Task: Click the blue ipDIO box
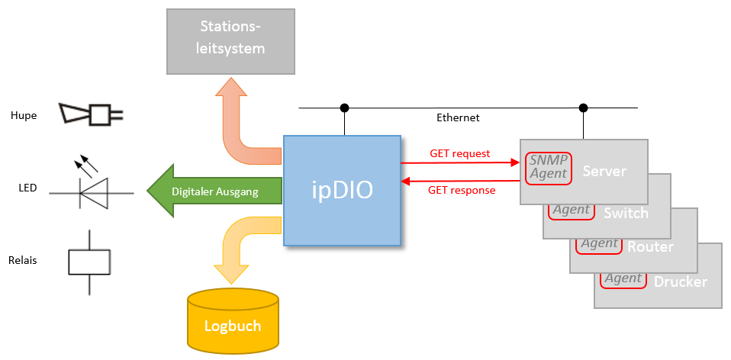tap(342, 191)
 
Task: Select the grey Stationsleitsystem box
tap(230, 41)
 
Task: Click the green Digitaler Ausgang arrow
tap(214, 191)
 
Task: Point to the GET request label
tap(459, 154)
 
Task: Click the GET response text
tap(462, 190)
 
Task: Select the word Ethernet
tap(458, 117)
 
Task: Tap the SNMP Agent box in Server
tap(549, 168)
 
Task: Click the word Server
tap(604, 171)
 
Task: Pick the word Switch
tap(626, 214)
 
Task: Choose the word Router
tap(650, 247)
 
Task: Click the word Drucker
tap(681, 281)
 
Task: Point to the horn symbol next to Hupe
tap(91, 114)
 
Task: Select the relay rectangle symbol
tap(89, 262)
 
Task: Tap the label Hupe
tap(24, 115)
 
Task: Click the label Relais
tap(22, 260)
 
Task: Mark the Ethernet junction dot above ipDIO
tap(345, 108)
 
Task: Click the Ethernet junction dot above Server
tap(583, 108)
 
